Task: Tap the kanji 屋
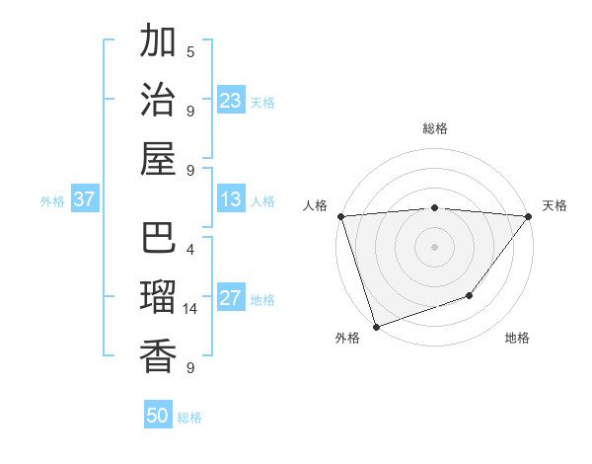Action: [x=158, y=158]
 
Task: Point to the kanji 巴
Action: [x=158, y=239]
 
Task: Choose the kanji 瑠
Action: [x=158, y=297]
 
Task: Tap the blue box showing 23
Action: [x=231, y=101]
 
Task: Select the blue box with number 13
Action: [x=231, y=199]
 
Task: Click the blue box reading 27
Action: [x=231, y=299]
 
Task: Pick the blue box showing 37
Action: [x=85, y=199]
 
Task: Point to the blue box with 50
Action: [x=158, y=416]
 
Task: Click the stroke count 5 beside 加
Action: [x=190, y=51]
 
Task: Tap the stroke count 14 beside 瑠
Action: [x=190, y=309]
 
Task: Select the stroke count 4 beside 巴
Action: [x=190, y=250]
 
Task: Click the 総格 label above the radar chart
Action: [x=435, y=128]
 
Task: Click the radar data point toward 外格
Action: [x=376, y=327]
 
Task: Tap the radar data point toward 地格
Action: [x=471, y=295]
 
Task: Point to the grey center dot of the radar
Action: [x=435, y=247]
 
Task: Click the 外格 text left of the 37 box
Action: [x=52, y=200]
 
